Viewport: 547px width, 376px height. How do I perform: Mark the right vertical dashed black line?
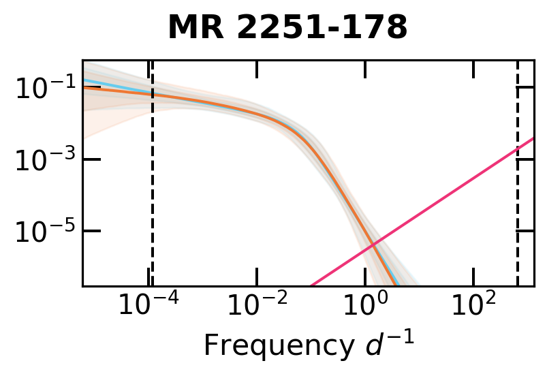tap(518, 204)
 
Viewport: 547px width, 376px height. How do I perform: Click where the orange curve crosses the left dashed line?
tap(152, 94)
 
